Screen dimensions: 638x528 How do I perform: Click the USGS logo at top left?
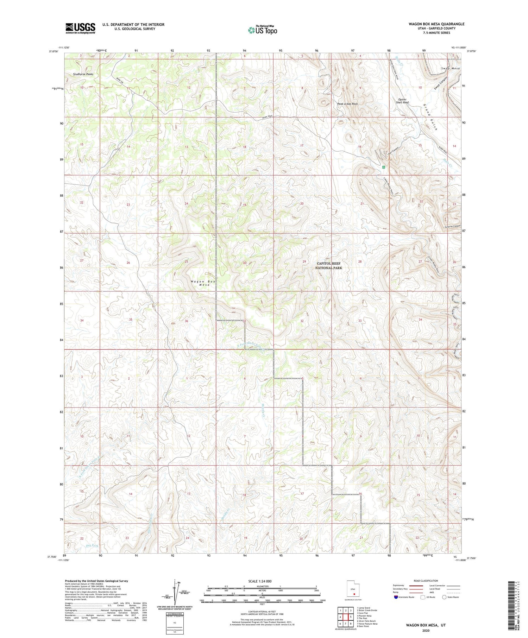click(x=80, y=28)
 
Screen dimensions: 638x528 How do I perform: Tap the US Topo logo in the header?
click(x=262, y=30)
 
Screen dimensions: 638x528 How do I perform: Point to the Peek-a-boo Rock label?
click(x=347, y=104)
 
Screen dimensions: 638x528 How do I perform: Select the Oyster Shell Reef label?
click(x=402, y=101)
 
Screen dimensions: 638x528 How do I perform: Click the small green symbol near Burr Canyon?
click(x=384, y=167)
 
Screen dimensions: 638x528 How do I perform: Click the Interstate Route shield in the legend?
click(x=396, y=597)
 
